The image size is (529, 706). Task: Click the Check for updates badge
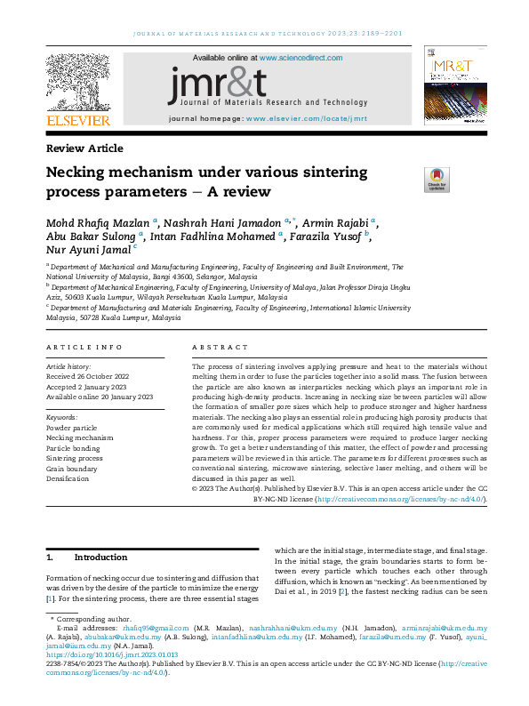point(437,180)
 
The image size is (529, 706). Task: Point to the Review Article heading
point(84,148)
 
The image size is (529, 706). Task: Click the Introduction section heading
point(100,558)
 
